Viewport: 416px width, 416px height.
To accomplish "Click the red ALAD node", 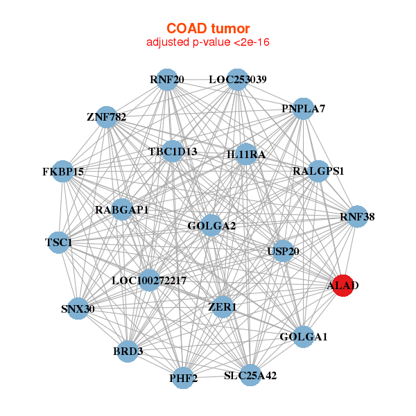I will (x=343, y=285).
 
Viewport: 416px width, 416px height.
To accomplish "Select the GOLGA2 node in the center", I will (x=211, y=225).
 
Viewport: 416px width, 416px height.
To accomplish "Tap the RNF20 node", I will (x=166, y=80).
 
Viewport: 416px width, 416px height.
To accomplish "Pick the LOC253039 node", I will (x=238, y=80).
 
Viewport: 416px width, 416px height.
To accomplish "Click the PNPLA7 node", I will (x=303, y=109).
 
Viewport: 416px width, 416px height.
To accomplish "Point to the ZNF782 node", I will (x=107, y=116).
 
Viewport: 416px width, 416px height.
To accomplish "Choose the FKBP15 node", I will (x=62, y=171).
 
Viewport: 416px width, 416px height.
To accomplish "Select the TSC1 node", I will (x=59, y=243).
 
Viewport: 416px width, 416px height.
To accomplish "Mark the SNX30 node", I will (x=78, y=309).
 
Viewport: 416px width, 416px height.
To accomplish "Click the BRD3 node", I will (x=128, y=352).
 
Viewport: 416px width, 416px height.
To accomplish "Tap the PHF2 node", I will (x=183, y=378).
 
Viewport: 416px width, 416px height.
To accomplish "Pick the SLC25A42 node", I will (x=250, y=376).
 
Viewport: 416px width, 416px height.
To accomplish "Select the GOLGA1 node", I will (x=303, y=337).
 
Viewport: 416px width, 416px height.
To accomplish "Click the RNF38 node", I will (x=357, y=217).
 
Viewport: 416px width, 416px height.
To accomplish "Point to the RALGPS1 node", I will (x=318, y=171).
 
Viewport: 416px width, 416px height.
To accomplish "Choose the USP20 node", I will (x=283, y=251).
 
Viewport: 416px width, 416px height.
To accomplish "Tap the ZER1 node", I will (x=223, y=306).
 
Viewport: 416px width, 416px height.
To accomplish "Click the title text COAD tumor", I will (x=207, y=28).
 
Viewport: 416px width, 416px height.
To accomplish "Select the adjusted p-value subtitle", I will (x=207, y=42).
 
